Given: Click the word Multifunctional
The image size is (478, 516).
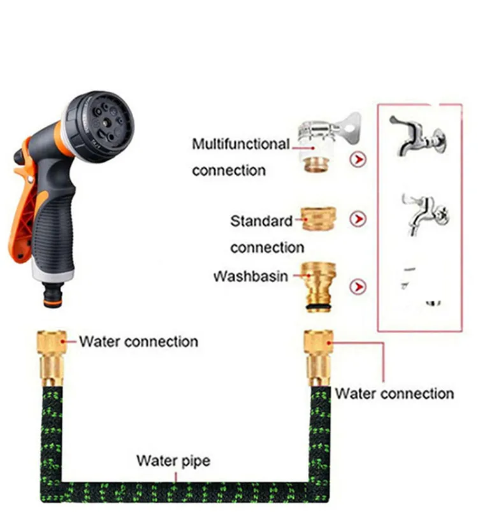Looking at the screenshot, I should (x=240, y=145).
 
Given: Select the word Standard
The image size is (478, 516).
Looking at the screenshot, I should (x=261, y=222).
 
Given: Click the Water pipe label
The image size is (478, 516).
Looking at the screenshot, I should (x=173, y=461).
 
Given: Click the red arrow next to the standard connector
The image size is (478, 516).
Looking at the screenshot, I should (x=359, y=220).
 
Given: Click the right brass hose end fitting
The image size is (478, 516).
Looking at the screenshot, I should (x=319, y=357).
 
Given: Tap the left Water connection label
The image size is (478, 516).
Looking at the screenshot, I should (x=138, y=341).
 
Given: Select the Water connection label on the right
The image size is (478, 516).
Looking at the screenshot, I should (x=394, y=393).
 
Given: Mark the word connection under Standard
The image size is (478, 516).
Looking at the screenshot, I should (x=267, y=248).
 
